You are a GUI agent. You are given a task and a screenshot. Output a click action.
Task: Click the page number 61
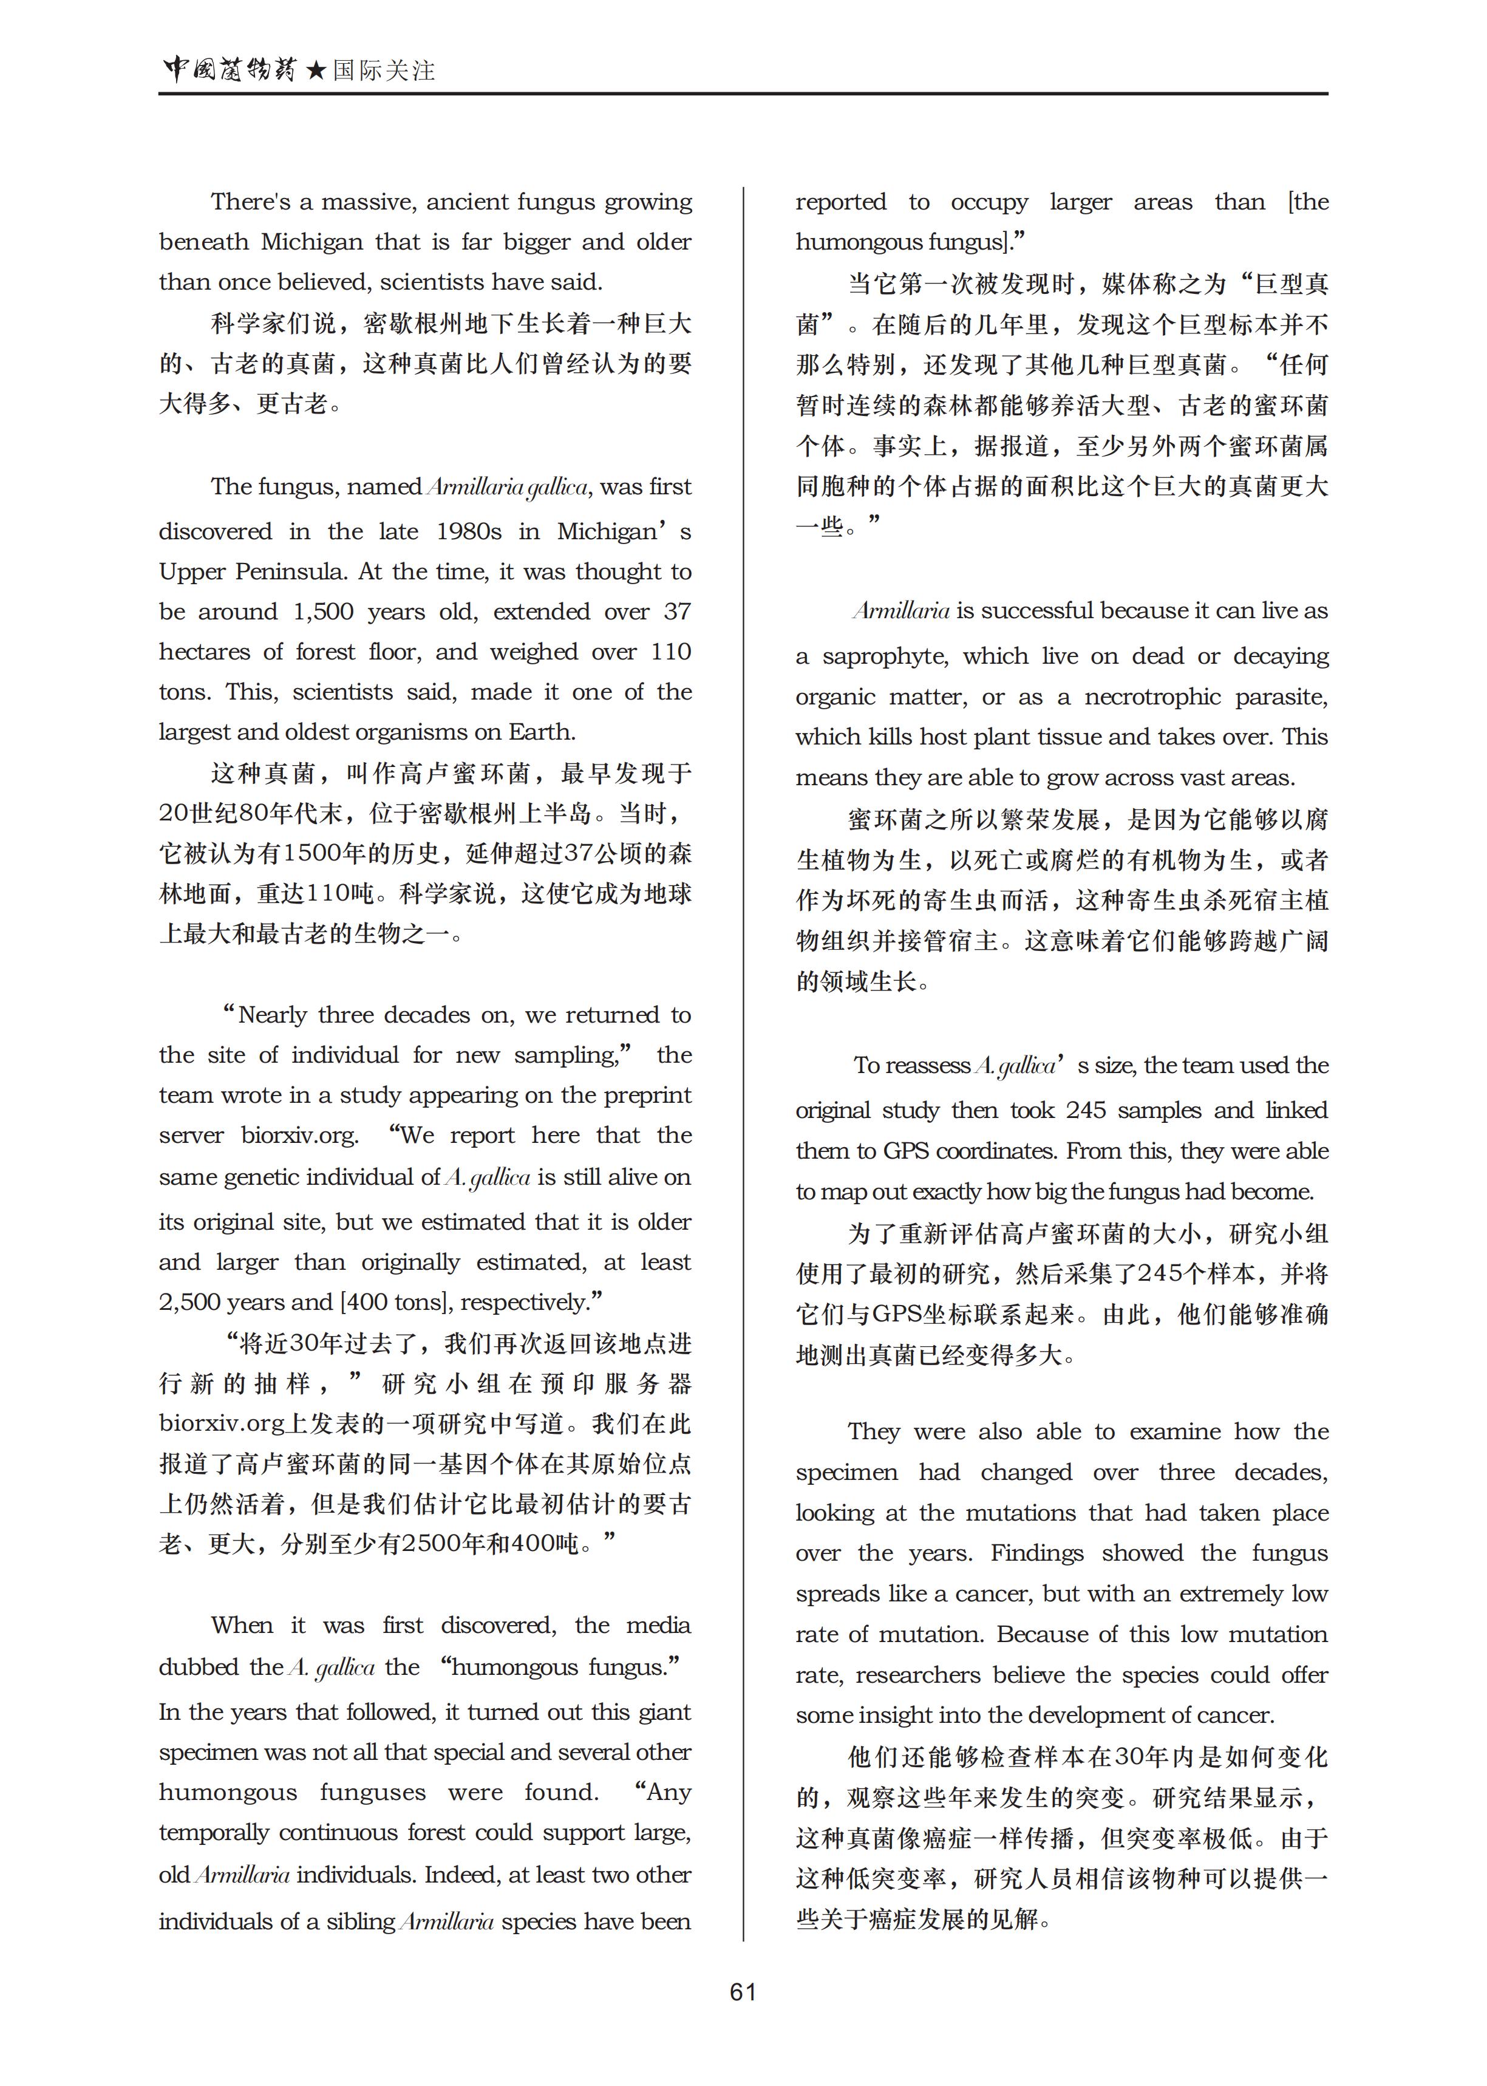pyautogui.click(x=743, y=1992)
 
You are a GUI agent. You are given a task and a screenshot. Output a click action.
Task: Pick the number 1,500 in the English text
pyautogui.click(x=322, y=612)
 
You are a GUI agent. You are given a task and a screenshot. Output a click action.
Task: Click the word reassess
pyautogui.click(x=928, y=1066)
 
